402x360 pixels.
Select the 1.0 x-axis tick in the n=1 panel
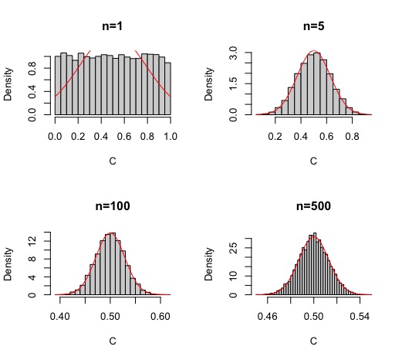(x=171, y=135)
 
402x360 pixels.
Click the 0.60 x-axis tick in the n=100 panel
(x=160, y=316)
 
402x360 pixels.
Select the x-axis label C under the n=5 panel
(x=312, y=162)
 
